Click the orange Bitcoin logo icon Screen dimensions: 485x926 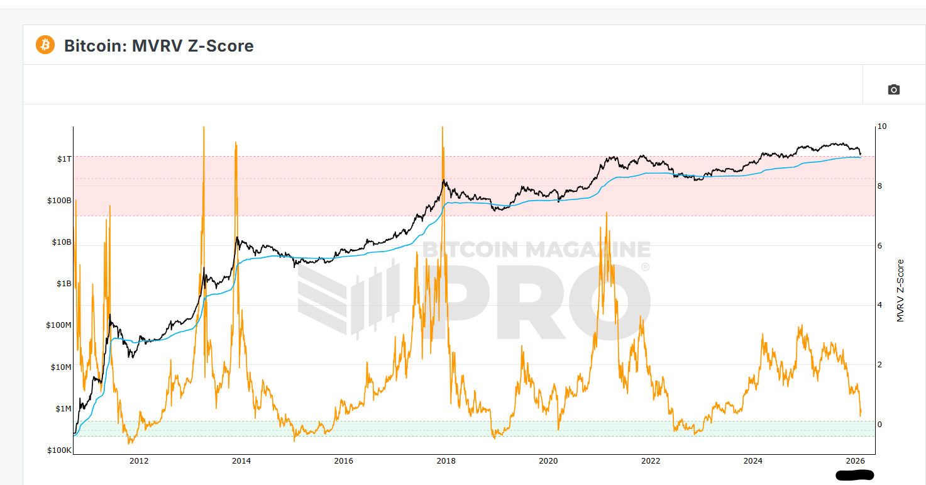[x=45, y=45]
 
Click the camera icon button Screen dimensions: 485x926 [x=893, y=89]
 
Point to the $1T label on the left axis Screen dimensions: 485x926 [x=64, y=159]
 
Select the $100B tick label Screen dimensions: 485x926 [x=59, y=201]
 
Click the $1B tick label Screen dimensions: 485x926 [x=63, y=284]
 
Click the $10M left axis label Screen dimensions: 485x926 [x=61, y=367]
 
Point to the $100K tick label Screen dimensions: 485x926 [x=59, y=450]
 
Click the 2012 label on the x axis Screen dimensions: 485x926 [x=139, y=461]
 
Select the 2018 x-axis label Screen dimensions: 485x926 [x=446, y=461]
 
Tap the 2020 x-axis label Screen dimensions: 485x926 [x=548, y=461]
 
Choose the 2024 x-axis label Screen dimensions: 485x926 [x=753, y=461]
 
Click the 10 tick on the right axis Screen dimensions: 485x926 [x=882, y=126]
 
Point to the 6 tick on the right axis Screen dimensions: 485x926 [x=880, y=246]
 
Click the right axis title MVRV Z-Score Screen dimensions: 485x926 [x=900, y=291]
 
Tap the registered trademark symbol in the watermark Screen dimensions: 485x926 [x=644, y=267]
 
